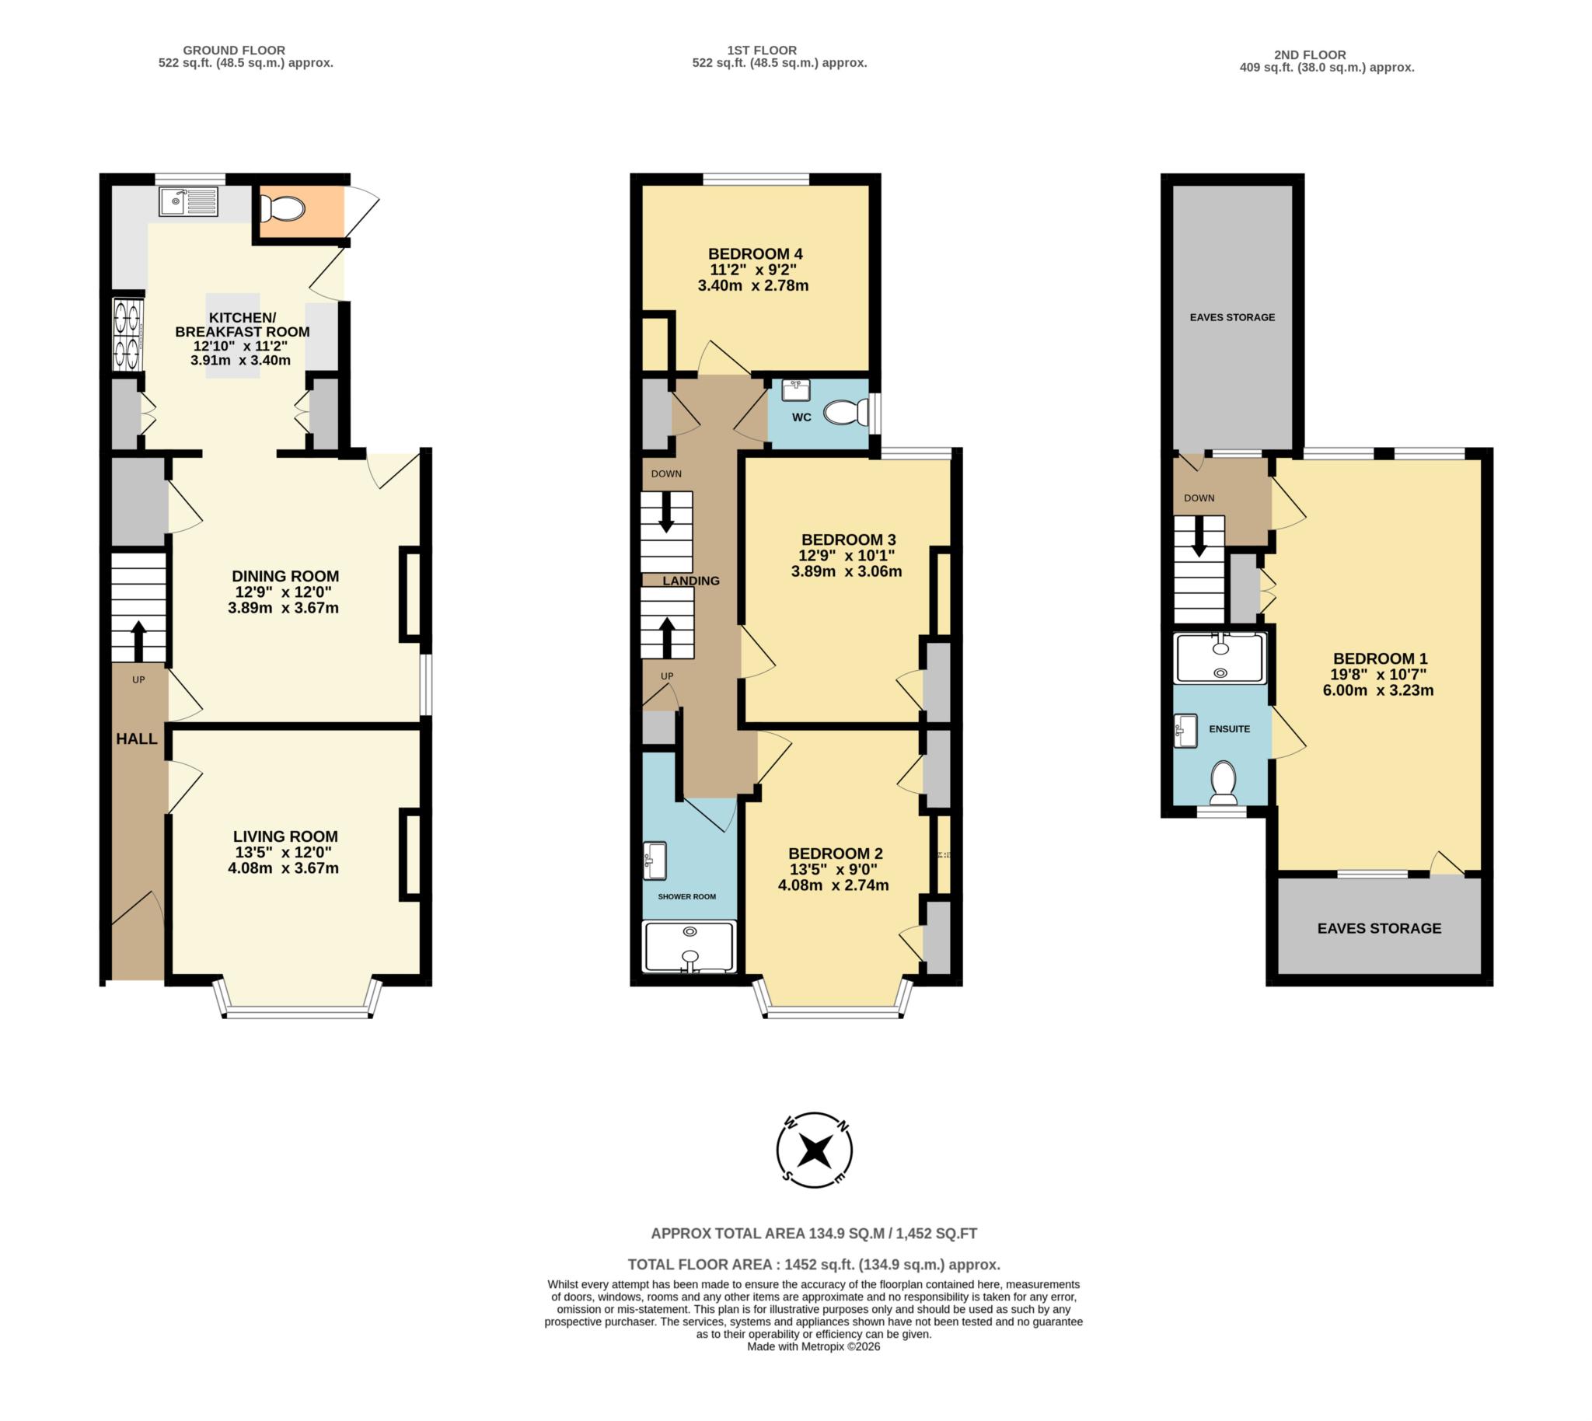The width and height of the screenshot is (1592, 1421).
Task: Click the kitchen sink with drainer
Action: [x=189, y=201]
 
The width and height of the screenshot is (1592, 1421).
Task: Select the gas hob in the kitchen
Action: [x=128, y=334]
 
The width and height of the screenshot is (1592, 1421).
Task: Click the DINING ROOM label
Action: [x=285, y=576]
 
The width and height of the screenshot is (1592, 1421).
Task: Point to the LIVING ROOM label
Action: [x=285, y=836]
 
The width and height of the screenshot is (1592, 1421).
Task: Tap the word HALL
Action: [x=137, y=738]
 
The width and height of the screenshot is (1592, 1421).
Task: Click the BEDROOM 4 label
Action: [x=754, y=253]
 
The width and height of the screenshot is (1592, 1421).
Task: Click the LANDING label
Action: [x=690, y=581]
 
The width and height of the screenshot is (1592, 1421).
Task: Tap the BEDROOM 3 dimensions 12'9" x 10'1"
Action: [x=847, y=556]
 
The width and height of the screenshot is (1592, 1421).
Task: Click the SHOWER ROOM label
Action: [x=686, y=896]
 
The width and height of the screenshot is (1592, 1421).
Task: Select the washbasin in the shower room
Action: [x=655, y=861]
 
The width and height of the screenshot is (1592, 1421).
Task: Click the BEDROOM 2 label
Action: [x=835, y=854]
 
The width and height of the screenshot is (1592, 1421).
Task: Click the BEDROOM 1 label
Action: [x=1380, y=658]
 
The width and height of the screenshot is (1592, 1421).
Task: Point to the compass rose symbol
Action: [x=815, y=1150]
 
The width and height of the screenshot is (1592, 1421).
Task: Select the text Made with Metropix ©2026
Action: [x=813, y=1347]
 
